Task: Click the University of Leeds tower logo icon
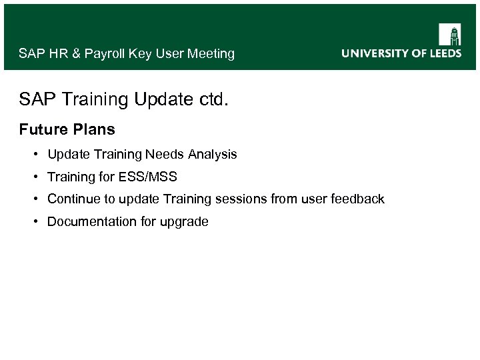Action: (450, 35)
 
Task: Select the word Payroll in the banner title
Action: (104, 54)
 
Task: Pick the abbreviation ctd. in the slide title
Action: (213, 99)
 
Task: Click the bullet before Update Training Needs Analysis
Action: (34, 155)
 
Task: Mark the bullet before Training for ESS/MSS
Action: (34, 177)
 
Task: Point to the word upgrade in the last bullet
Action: (185, 222)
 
